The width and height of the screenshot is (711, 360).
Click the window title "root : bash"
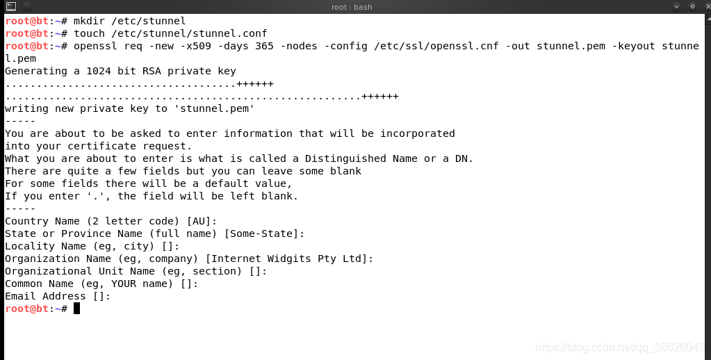(x=351, y=7)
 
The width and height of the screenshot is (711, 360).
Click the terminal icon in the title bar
(x=10, y=6)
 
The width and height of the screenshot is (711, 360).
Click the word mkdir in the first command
(x=89, y=21)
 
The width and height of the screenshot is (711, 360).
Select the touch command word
(x=89, y=33)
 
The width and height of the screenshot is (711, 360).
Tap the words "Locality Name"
(x=45, y=246)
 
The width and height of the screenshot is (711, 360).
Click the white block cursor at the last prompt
(x=76, y=309)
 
